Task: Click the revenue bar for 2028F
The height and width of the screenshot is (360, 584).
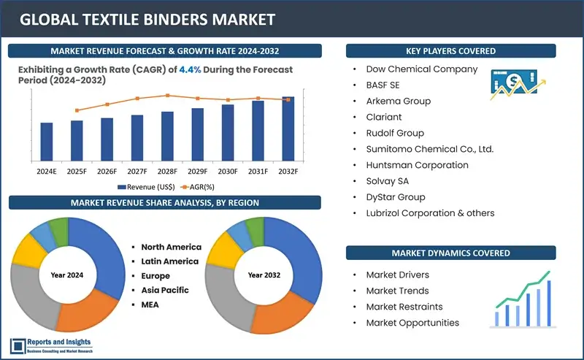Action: (167, 136)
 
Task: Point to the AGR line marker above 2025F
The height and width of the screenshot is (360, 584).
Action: (77, 110)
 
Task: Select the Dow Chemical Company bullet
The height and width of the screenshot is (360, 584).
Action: (422, 69)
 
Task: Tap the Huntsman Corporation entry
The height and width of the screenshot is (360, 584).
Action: (417, 165)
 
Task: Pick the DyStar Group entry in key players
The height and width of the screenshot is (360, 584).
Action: (396, 197)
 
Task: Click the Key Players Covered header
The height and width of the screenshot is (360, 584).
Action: (450, 51)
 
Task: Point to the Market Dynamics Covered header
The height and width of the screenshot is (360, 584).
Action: (450, 253)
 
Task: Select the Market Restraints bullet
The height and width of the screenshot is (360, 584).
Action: (404, 307)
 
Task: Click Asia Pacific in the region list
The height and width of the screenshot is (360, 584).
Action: (165, 290)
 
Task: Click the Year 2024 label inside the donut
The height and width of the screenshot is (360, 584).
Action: (68, 275)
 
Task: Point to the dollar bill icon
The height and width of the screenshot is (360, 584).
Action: (508, 80)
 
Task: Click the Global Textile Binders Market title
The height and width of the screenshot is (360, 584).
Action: (147, 20)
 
